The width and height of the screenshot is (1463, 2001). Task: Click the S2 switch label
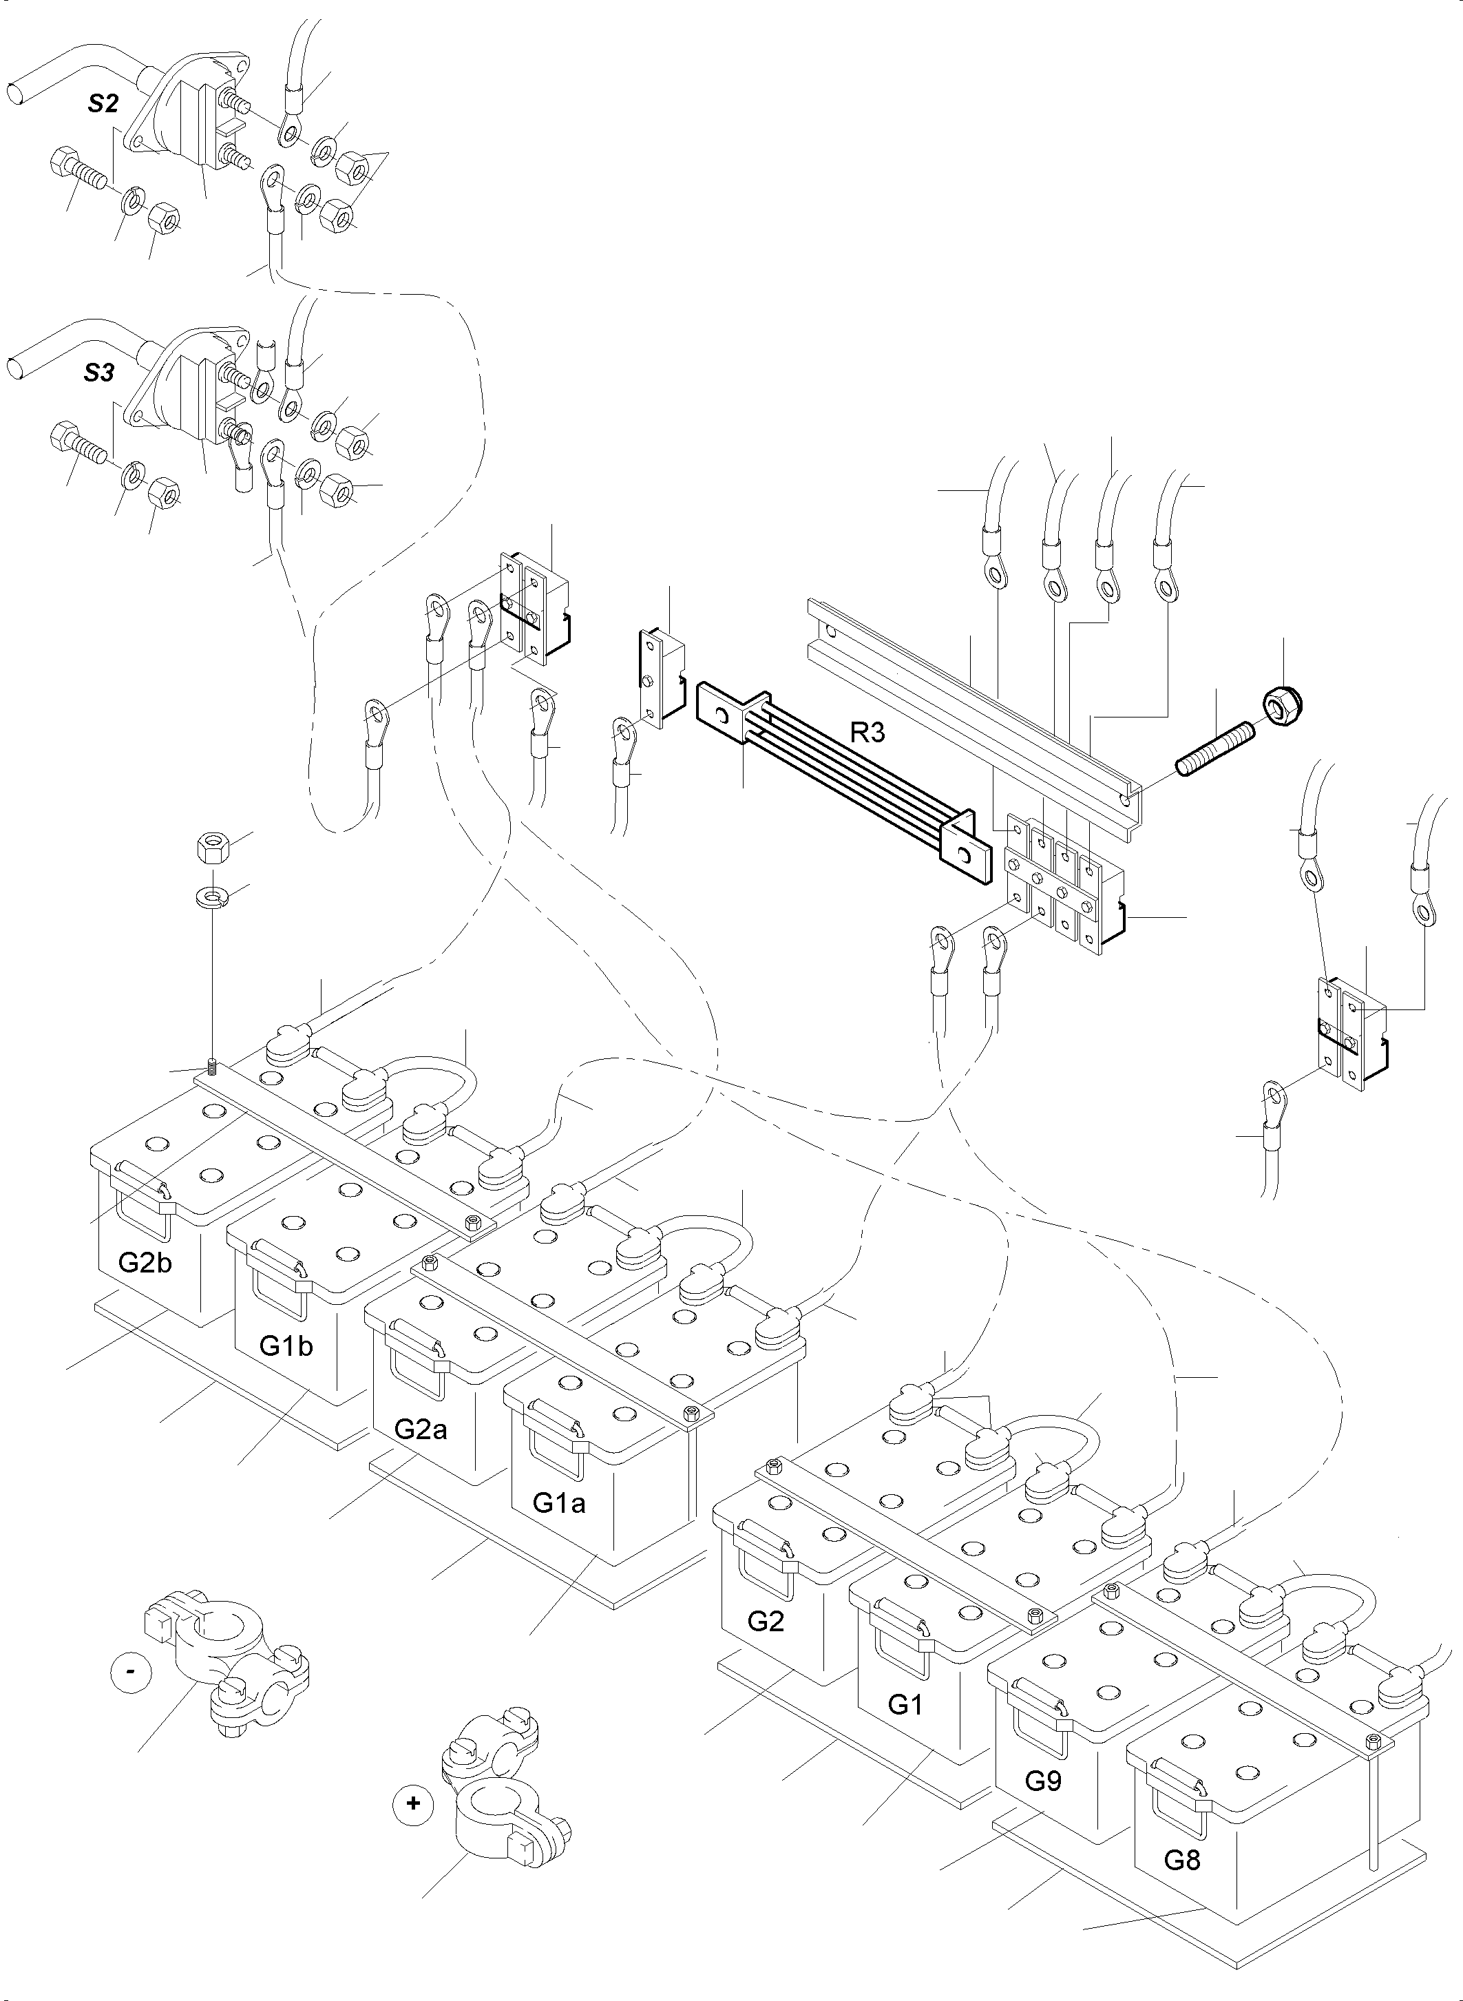tap(103, 104)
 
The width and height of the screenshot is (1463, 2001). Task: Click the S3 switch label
tap(99, 373)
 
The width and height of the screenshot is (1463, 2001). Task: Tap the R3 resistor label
tap(868, 733)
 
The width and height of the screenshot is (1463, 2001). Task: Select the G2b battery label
tap(145, 1262)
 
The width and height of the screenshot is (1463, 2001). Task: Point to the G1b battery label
tap(285, 1345)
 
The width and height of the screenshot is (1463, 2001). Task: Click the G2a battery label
tap(421, 1429)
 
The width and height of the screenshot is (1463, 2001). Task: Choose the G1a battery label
tap(559, 1502)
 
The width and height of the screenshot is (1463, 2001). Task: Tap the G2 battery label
tap(766, 1621)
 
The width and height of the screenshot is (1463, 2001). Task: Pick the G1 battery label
tap(905, 1704)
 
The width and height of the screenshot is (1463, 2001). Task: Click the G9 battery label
tap(1043, 1781)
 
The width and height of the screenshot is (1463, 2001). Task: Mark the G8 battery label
tap(1182, 1859)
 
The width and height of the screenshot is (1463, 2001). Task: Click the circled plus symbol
tap(412, 1803)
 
